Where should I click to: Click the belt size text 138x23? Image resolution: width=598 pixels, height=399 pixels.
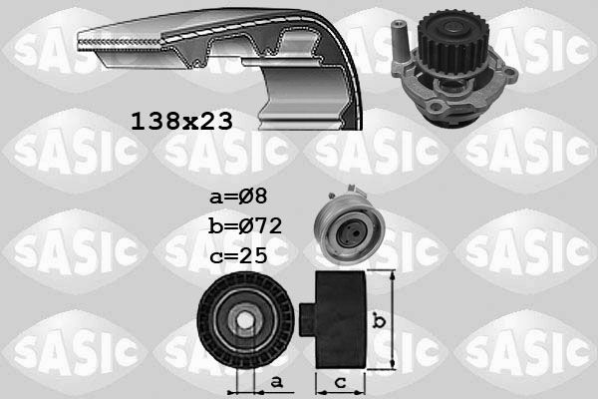point(182,122)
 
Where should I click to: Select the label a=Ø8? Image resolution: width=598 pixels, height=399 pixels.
point(239,197)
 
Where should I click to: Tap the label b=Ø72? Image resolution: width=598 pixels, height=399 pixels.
point(245,225)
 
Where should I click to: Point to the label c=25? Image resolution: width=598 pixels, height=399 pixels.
point(239,255)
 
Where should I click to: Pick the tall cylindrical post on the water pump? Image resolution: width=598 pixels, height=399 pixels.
point(401,43)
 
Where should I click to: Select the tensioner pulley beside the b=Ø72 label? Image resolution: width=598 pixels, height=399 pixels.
point(349,226)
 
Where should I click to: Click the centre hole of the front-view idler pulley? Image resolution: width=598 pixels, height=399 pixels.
point(243,320)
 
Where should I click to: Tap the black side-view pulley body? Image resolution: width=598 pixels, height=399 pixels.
point(340,320)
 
